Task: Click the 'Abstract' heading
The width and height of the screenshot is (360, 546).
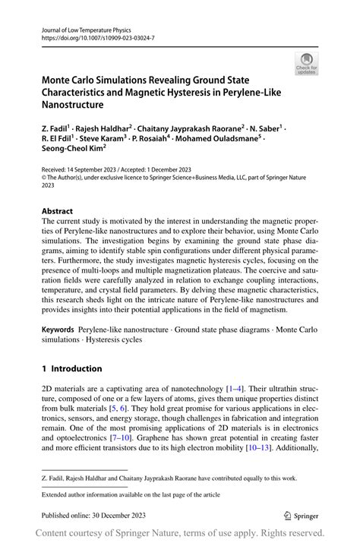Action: tap(58, 210)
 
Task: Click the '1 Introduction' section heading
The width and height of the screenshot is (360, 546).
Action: tap(72, 368)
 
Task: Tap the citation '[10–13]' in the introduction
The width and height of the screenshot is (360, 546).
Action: tap(263, 449)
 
